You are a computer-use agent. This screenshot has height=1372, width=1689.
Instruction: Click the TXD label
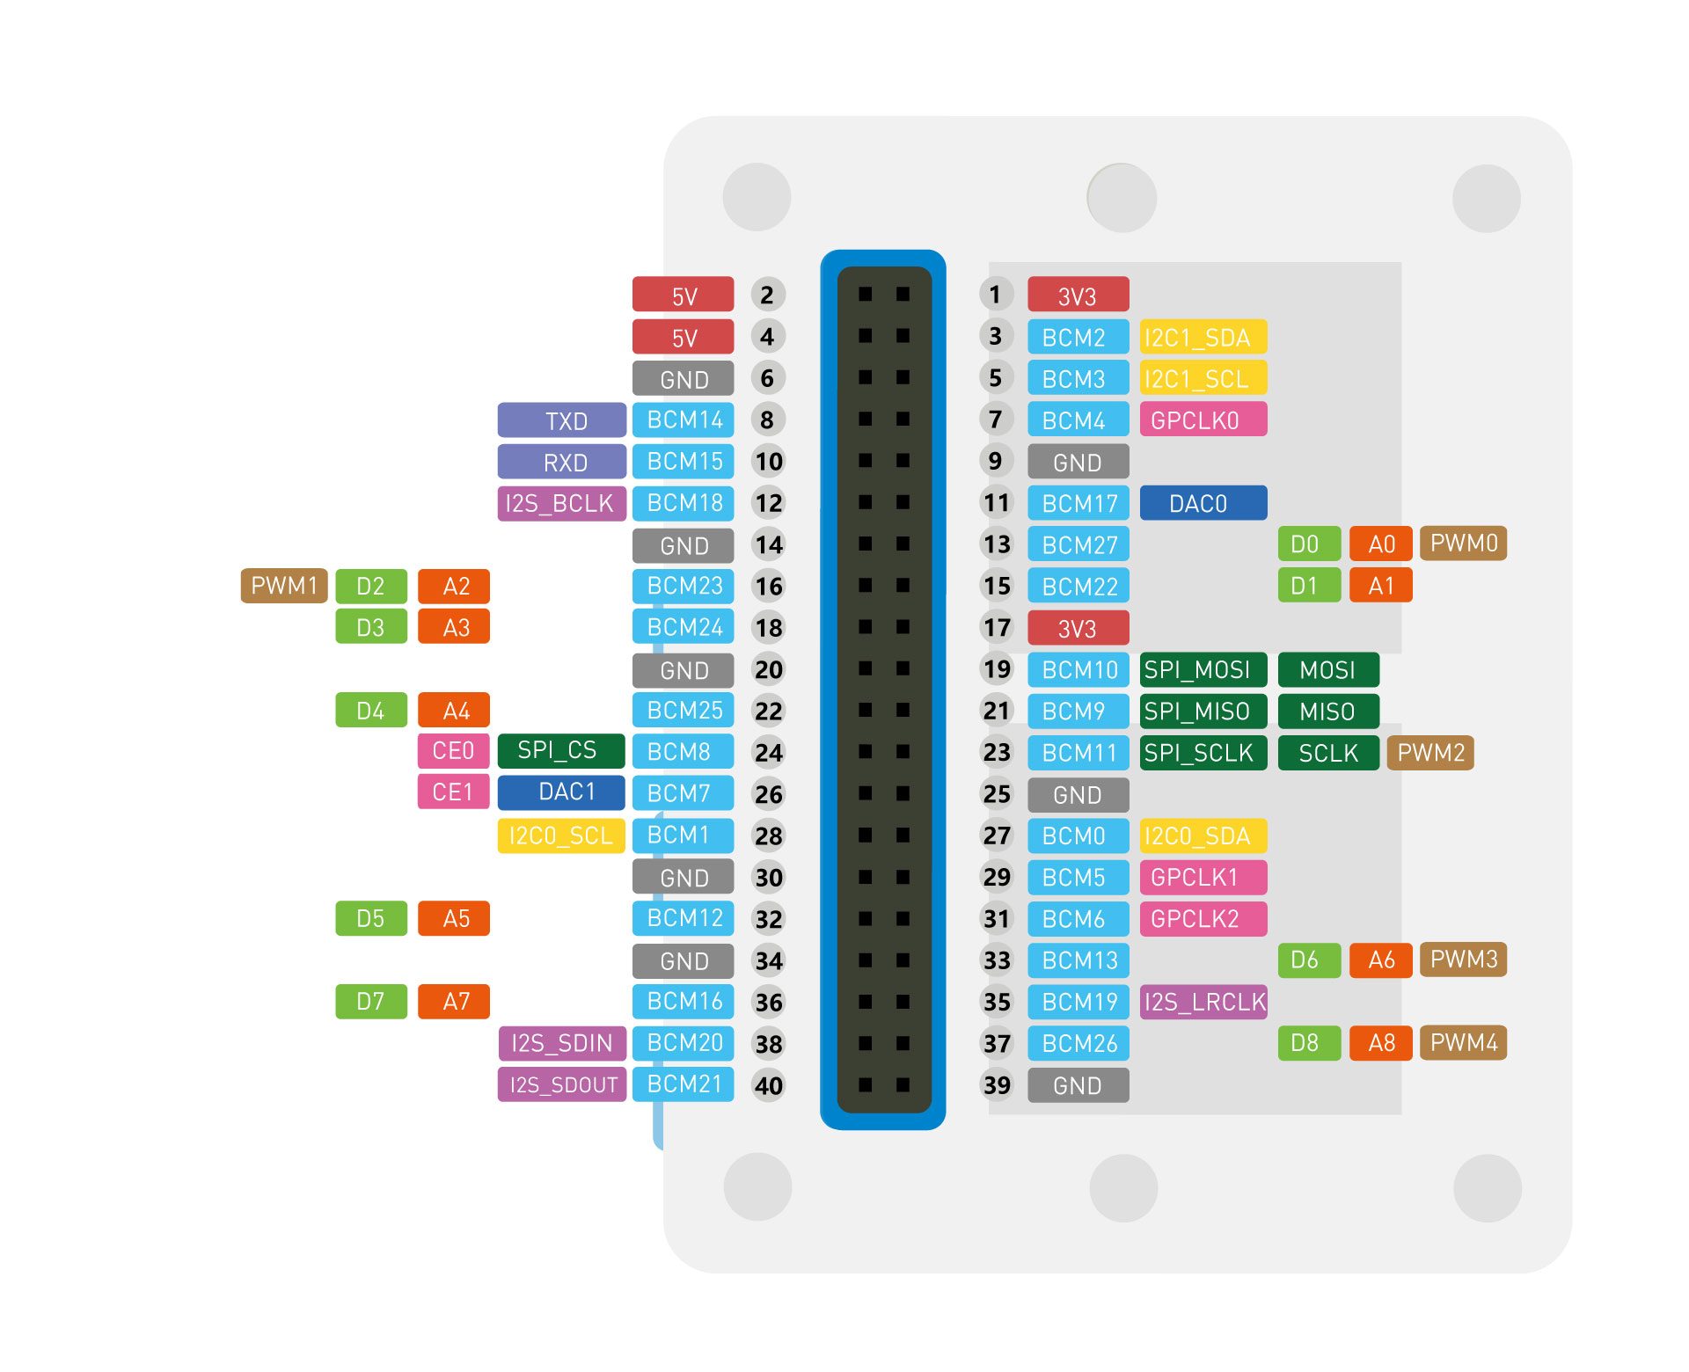point(561,420)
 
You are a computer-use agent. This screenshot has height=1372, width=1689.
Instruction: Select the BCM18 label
point(683,503)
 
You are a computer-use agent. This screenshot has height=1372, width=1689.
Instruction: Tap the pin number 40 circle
point(768,1085)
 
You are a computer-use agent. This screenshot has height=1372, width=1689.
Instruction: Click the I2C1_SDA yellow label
point(1203,337)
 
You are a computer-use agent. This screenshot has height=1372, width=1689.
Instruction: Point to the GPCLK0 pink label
point(1203,420)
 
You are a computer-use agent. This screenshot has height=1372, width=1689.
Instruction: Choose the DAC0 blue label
point(1203,503)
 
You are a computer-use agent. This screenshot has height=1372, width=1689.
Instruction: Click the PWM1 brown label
point(283,586)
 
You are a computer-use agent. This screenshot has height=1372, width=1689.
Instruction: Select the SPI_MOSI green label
point(1203,669)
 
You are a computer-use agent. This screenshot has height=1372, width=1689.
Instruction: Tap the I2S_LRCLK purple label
point(1203,1002)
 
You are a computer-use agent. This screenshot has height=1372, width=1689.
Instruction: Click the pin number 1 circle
point(995,294)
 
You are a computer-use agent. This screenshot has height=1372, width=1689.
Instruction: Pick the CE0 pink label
point(453,750)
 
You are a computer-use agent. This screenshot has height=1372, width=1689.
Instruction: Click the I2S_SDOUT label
point(561,1084)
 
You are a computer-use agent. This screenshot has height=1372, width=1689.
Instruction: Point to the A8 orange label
point(1380,1043)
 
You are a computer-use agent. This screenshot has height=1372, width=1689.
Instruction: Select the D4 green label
point(370,711)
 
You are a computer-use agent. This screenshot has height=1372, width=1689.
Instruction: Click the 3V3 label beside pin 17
point(1078,628)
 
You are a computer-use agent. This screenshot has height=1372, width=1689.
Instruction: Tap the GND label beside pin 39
point(1078,1085)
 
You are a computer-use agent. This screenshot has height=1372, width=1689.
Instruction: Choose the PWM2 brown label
point(1429,753)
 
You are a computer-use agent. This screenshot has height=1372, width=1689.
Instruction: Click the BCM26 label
point(1078,1043)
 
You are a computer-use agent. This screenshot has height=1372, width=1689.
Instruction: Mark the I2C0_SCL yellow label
point(561,836)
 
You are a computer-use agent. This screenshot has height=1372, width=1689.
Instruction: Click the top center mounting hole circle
point(1121,198)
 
